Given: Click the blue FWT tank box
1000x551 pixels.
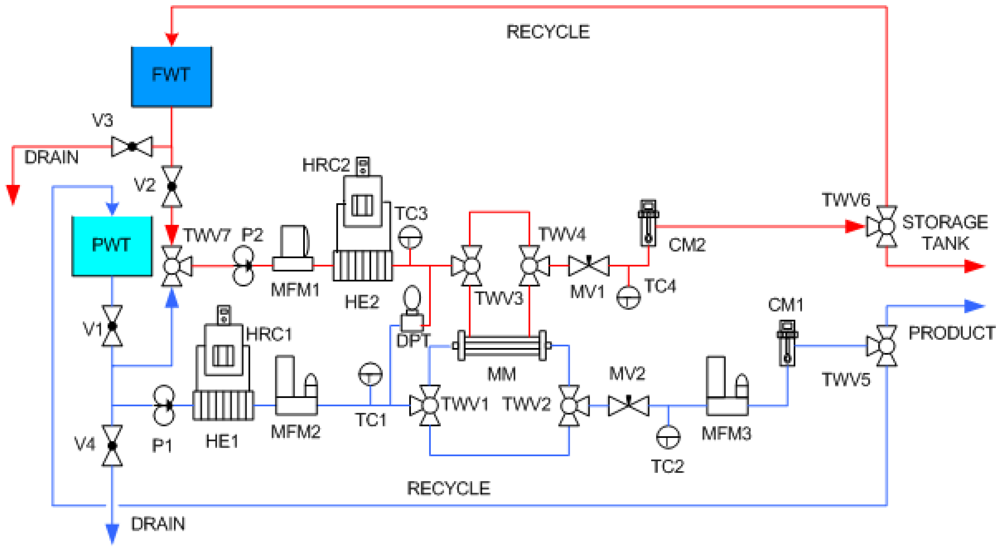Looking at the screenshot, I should (172, 76).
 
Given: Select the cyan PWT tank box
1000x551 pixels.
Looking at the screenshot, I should (112, 246).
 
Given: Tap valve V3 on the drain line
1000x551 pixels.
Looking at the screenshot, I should (132, 147).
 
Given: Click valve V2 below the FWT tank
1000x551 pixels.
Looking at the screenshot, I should (172, 186).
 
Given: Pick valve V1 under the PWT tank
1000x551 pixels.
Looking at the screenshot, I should (112, 326).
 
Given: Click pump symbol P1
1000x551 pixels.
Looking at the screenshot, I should (164, 405).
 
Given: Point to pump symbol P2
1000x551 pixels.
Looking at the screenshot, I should (243, 266).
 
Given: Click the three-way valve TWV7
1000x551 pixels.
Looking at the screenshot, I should (172, 266).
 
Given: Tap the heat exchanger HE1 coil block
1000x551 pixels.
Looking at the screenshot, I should (223, 405).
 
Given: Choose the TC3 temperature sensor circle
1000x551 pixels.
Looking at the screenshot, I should (410, 236).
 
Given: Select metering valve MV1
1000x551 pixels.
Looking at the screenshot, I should (589, 266).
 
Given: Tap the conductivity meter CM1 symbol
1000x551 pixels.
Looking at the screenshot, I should (787, 343).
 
